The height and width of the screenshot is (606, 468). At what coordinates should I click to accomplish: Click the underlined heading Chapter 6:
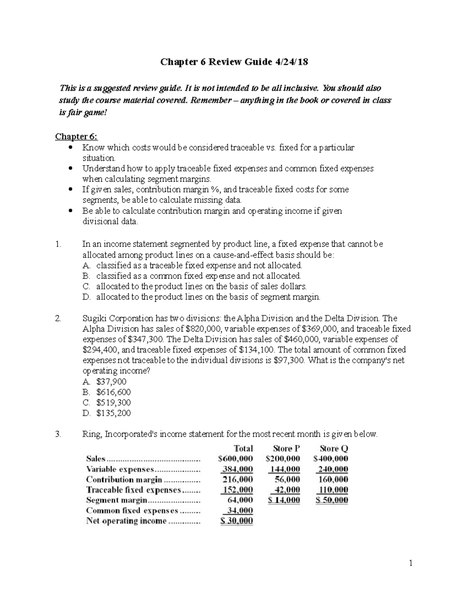click(76, 136)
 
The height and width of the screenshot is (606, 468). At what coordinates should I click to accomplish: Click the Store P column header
click(287, 449)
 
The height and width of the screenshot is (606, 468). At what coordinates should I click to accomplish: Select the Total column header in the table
click(243, 449)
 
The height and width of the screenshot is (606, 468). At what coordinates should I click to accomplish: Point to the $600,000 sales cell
click(236, 459)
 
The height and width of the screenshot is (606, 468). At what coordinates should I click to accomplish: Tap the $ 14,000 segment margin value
click(284, 500)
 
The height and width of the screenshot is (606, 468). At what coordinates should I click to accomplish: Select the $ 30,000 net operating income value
click(236, 521)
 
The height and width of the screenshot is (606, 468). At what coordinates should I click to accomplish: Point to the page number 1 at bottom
click(411, 563)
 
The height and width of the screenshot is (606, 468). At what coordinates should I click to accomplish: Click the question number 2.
click(58, 318)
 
